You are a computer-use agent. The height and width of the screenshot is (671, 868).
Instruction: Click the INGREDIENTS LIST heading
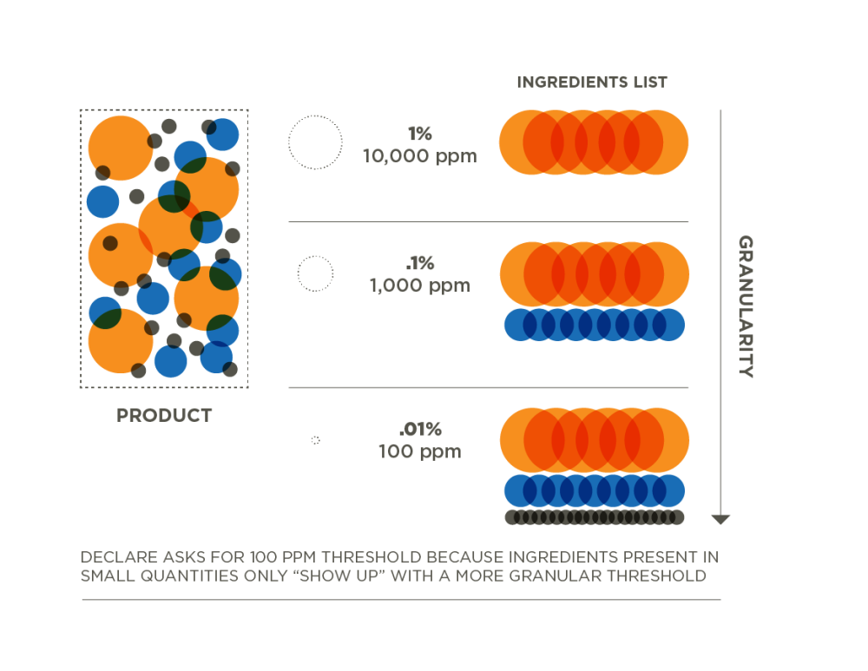pos(592,82)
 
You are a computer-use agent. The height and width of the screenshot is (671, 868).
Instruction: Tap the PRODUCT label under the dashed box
pos(164,416)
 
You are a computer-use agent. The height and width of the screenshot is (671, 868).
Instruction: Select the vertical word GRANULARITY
pos(745,306)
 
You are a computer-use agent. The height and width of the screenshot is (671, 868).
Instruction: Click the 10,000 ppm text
pos(420,157)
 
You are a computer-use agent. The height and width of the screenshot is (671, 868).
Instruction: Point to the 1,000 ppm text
pos(419,286)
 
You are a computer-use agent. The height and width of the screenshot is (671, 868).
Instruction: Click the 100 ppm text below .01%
pos(419,451)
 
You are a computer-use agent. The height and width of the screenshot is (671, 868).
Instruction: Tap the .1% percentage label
pos(420,263)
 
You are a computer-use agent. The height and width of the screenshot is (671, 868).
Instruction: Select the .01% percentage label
pos(420,430)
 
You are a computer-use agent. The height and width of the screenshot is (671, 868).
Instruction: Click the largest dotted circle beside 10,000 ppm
pos(315,141)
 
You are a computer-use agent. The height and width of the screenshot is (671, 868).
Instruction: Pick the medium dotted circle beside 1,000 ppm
pos(315,274)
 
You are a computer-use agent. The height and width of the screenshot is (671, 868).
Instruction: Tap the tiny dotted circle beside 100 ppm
pos(315,441)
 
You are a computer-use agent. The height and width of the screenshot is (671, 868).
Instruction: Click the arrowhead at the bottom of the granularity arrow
pos(720,519)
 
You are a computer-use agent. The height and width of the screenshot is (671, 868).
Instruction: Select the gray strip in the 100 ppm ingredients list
pos(595,516)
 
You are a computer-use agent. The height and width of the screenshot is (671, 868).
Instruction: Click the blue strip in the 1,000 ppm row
pos(595,324)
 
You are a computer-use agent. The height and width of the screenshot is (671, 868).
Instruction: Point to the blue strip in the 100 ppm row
pos(595,490)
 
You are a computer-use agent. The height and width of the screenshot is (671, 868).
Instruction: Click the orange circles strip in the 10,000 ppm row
pos(595,141)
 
